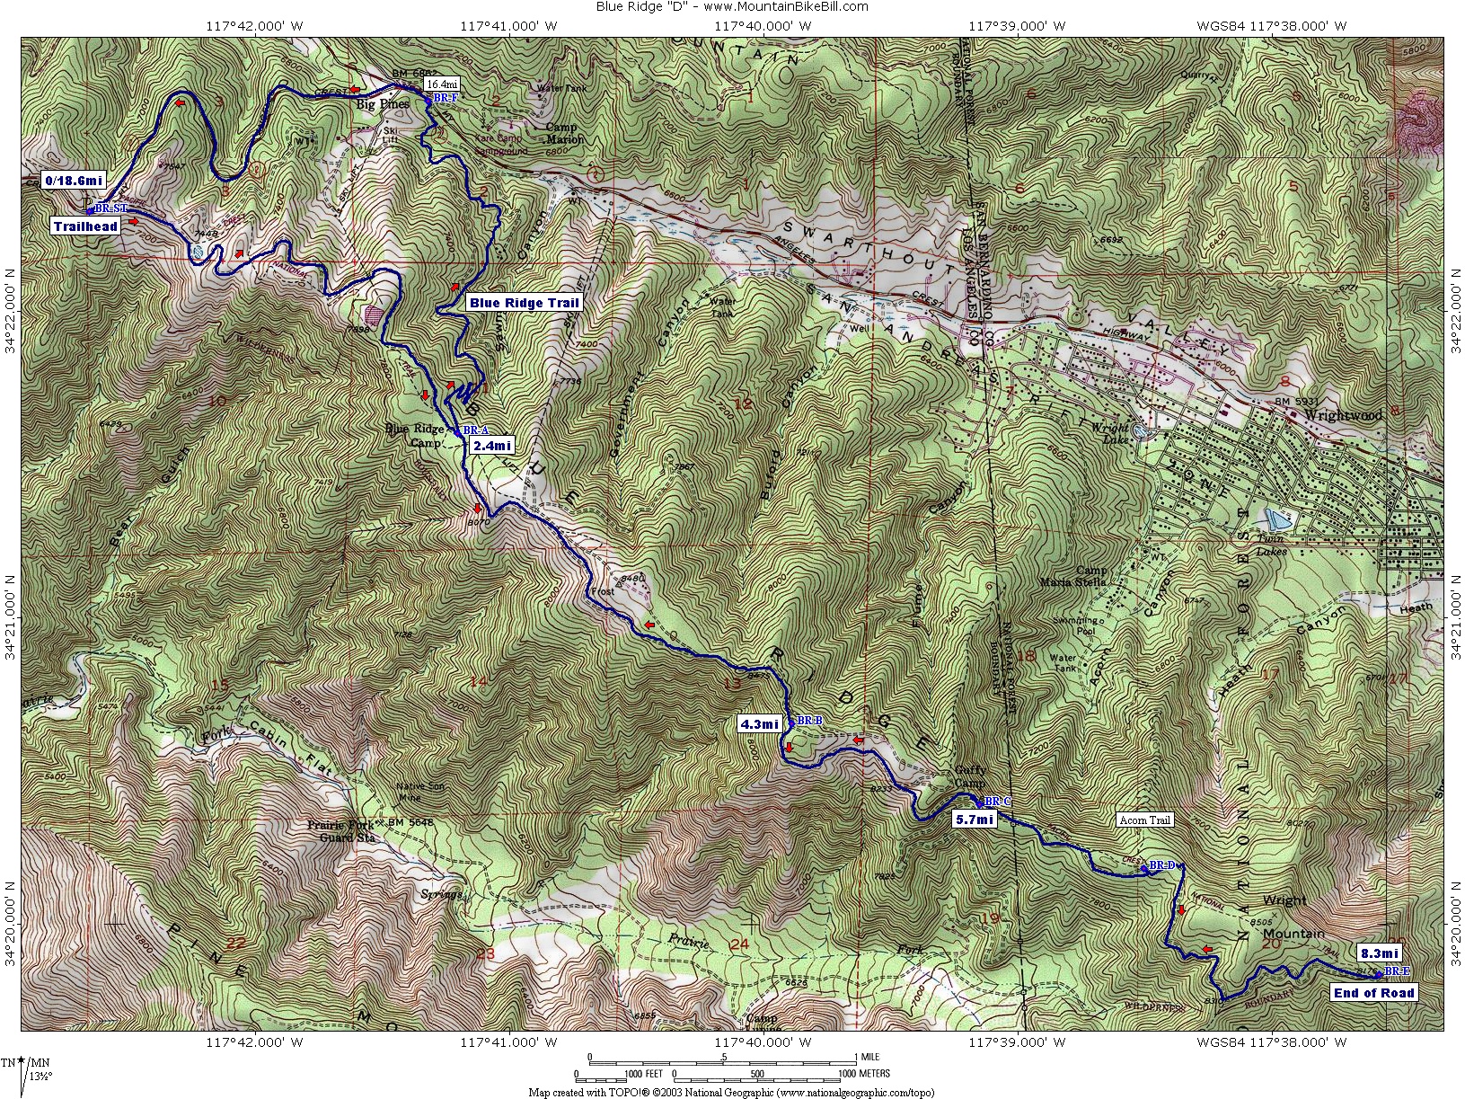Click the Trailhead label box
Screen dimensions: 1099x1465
tap(85, 226)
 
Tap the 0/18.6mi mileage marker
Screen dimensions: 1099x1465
tap(74, 181)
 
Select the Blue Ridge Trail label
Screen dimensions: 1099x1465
tap(524, 303)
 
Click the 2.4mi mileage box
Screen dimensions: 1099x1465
tap(491, 446)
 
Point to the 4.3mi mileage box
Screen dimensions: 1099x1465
tap(759, 724)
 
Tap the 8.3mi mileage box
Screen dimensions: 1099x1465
tap(1379, 953)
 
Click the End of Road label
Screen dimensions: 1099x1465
tap(1373, 993)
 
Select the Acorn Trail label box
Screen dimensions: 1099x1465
tap(1144, 820)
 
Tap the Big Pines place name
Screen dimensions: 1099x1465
tap(383, 104)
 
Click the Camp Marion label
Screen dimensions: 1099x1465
tap(564, 133)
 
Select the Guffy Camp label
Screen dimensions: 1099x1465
tap(970, 776)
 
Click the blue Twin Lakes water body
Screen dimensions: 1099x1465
tap(1275, 519)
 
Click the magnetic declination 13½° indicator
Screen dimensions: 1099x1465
tap(40, 1075)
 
